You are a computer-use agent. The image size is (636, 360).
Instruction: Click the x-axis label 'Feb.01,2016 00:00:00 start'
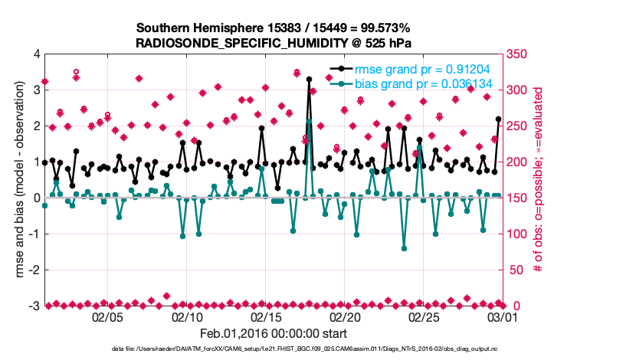tap(274, 333)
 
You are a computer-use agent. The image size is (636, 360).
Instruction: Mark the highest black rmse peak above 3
tap(309, 79)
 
